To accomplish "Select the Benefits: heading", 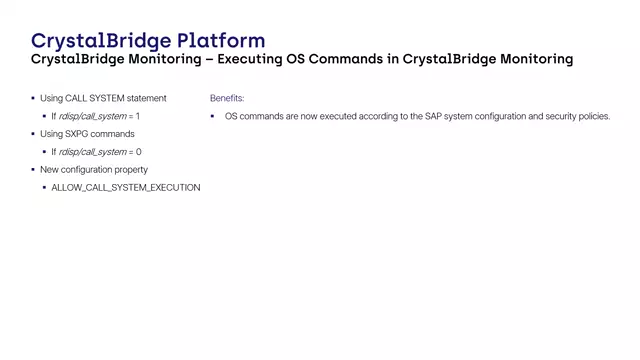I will click(227, 99).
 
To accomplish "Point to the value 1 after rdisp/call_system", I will click(137, 117).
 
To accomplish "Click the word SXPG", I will click(77, 134).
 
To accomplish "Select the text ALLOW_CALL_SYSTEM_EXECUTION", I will click(126, 188).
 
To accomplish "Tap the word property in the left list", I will click(132, 170).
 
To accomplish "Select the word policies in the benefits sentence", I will click(594, 117).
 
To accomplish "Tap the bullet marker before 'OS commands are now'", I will click(213, 117).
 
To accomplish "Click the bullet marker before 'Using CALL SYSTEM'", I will click(32, 99).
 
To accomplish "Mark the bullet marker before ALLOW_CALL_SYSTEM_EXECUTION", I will click(44, 188).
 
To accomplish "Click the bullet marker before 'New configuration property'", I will click(32, 170).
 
